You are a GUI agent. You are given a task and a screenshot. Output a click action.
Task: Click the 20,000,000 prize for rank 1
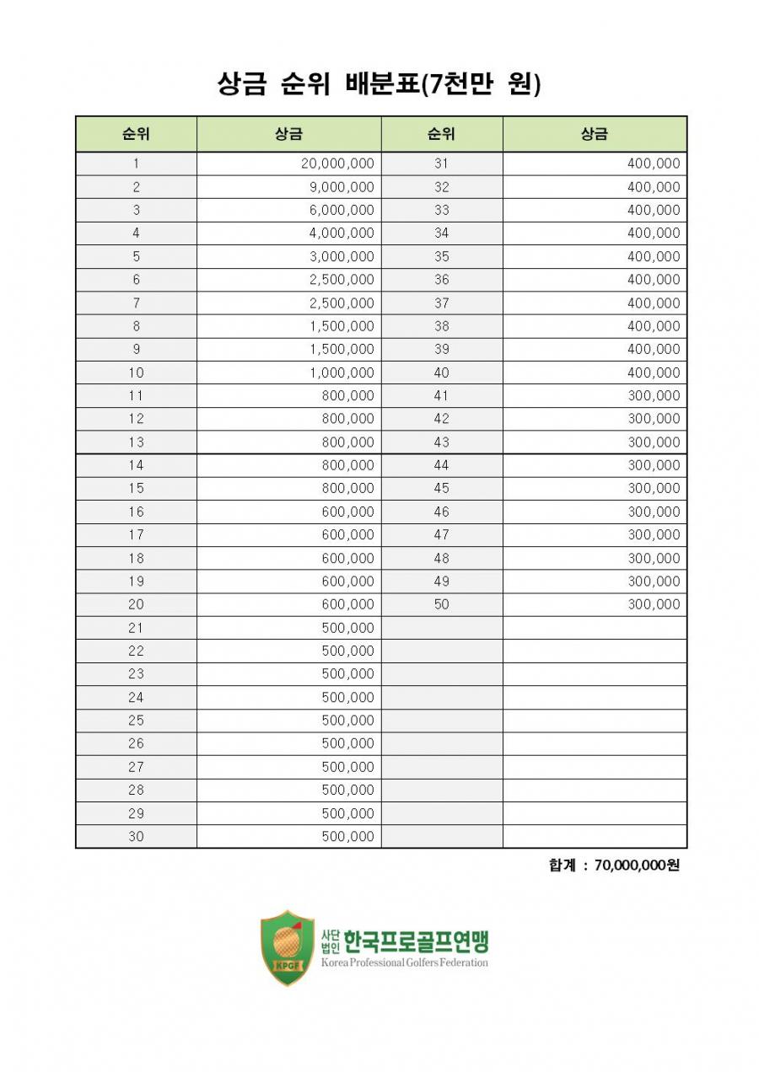(x=337, y=163)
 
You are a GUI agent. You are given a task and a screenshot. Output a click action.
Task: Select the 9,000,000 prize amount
(x=342, y=187)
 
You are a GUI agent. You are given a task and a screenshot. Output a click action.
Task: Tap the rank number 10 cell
(x=136, y=373)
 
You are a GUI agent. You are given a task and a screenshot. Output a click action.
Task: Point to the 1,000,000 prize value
(x=342, y=373)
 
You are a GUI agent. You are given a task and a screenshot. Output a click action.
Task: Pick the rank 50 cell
(x=442, y=604)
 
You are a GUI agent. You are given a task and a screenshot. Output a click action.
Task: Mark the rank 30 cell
(x=136, y=836)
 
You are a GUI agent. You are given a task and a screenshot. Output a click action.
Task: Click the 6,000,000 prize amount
(x=342, y=210)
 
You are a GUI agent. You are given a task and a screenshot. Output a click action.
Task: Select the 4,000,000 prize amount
(x=342, y=233)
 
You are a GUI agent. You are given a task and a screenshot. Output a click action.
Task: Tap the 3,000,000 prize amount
(x=342, y=256)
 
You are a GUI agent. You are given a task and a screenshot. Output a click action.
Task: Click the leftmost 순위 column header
(x=136, y=134)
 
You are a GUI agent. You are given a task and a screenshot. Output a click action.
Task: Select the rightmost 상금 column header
(x=595, y=134)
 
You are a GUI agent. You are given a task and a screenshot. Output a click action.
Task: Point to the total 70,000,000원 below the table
(x=636, y=866)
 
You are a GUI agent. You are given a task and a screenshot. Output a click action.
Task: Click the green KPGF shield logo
(x=288, y=947)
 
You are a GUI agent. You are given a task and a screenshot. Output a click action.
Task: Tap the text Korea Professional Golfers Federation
(x=404, y=962)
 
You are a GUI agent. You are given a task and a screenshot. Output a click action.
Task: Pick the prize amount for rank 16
(x=347, y=512)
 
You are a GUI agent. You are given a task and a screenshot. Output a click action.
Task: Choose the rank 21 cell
(x=136, y=628)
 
